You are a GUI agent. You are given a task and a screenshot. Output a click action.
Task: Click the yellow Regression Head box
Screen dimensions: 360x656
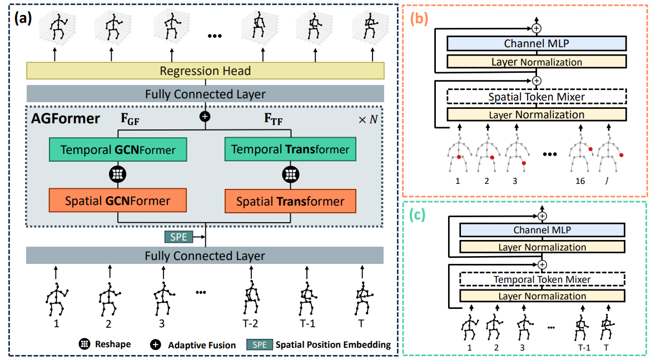[205, 71]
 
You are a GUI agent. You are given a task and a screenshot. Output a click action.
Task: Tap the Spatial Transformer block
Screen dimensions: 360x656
[290, 201]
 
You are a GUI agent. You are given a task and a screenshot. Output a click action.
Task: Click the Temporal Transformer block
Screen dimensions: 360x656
[290, 149]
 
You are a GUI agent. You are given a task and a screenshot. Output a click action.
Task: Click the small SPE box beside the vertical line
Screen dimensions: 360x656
[178, 237]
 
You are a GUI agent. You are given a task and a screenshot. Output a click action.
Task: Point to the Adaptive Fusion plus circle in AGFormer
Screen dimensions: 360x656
[205, 116]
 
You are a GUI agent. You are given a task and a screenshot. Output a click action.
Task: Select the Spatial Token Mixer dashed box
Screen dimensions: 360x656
[536, 97]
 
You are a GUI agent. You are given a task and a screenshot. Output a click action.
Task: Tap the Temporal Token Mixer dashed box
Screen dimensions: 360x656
[542, 279]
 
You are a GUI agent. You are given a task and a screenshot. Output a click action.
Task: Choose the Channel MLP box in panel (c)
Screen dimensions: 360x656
[542, 230]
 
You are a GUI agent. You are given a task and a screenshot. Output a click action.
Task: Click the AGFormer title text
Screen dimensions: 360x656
[66, 118]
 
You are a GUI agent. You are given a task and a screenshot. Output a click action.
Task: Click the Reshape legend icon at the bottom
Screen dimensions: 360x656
[85, 344]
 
